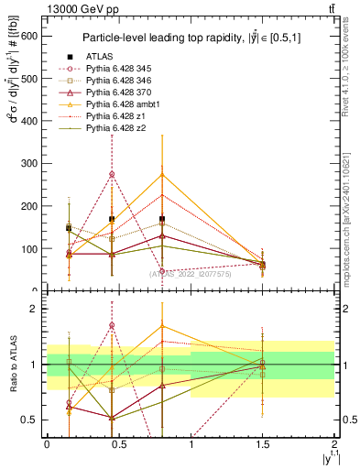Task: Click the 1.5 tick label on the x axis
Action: pos(263,446)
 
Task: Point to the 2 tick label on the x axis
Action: pos(335,446)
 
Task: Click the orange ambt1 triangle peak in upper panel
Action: pos(162,174)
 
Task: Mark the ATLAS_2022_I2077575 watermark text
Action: pos(191,273)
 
